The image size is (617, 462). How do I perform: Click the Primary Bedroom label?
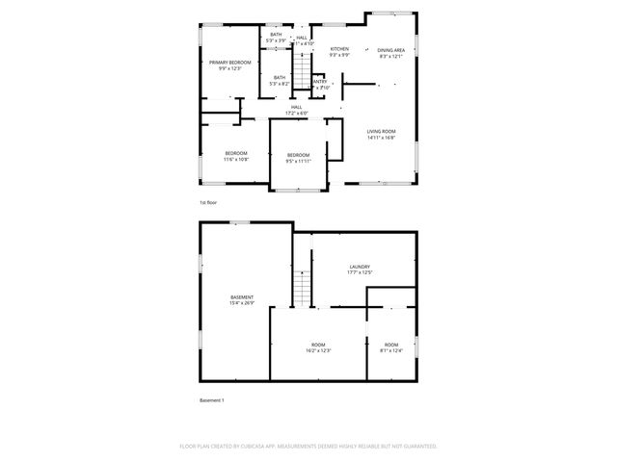[229, 64]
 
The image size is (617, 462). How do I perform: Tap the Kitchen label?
[339, 50]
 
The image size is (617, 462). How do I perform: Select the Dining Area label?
[390, 52]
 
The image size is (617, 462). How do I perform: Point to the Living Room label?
[381, 134]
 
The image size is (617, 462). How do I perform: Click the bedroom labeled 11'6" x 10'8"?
[236, 156]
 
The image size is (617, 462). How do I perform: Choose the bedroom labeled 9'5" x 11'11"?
[298, 158]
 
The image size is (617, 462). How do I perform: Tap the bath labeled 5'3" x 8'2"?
[279, 80]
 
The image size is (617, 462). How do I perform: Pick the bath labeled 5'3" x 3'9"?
[276, 38]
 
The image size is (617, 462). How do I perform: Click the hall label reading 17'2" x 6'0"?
[296, 110]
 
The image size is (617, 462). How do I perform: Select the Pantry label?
[319, 83]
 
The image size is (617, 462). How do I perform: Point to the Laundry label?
[360, 269]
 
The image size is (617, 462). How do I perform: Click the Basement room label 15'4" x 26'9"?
[242, 299]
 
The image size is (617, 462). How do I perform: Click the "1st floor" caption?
[209, 203]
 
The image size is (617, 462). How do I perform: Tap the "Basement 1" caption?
[211, 399]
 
